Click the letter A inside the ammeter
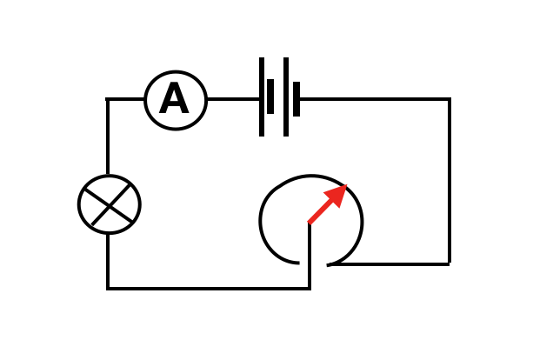[x=174, y=100]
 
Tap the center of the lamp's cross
[x=110, y=204]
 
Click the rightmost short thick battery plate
[x=296, y=99]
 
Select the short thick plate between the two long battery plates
[x=270, y=97]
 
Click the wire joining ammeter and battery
[x=233, y=99]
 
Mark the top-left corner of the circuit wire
[x=108, y=100]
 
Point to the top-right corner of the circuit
[x=449, y=100]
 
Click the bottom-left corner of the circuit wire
[x=108, y=287]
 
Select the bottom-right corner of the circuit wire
[x=449, y=263]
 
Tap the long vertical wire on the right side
[x=449, y=183]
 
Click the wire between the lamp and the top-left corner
[x=108, y=139]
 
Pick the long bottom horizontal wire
[x=209, y=287]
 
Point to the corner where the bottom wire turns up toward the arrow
[x=310, y=287]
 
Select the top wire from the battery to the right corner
[x=374, y=99]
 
